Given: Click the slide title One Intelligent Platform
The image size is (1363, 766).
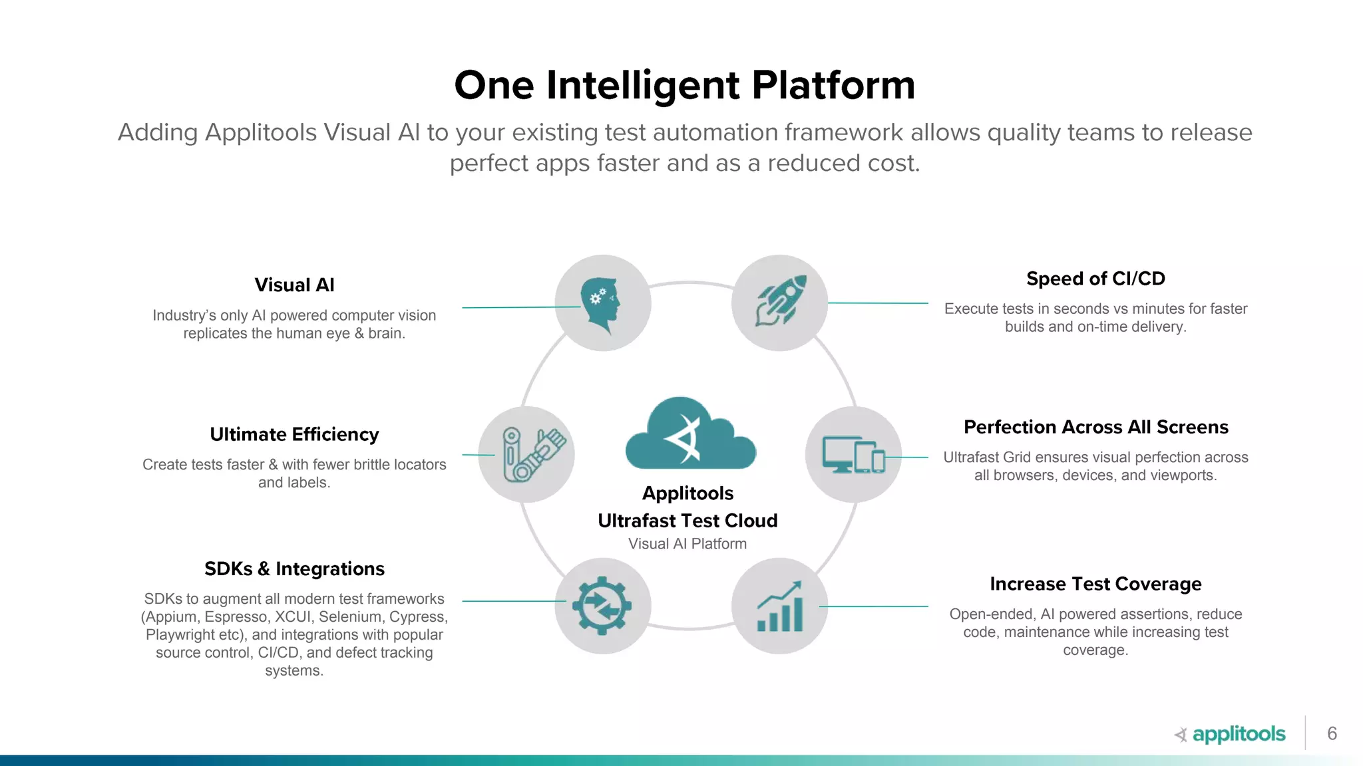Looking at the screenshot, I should [684, 85].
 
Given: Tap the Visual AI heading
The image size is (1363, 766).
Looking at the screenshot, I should [294, 285].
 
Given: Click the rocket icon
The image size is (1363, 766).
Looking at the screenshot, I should [780, 303].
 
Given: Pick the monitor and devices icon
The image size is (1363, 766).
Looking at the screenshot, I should [853, 454].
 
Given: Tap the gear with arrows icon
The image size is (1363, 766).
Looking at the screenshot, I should [602, 605].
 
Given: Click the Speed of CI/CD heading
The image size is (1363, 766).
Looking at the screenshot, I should [1095, 279].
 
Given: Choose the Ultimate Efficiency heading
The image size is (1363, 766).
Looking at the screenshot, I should [294, 434].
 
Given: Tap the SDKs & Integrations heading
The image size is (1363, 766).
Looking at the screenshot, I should [294, 569].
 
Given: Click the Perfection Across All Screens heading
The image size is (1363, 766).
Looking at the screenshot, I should [1095, 427].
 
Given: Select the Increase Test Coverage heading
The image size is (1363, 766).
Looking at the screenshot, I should [1095, 584].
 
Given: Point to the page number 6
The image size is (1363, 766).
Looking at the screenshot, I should [1332, 733].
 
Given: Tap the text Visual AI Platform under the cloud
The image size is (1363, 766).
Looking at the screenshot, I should [687, 544].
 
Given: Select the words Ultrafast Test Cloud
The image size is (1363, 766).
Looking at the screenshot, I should [687, 521].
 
